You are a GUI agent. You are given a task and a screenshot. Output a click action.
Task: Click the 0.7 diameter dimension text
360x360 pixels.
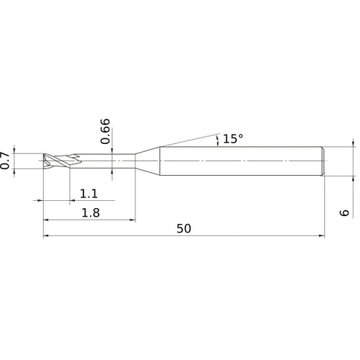click(6, 161)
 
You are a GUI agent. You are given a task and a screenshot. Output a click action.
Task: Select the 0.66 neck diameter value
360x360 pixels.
click(106, 130)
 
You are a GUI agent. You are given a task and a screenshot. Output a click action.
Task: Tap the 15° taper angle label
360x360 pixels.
click(233, 138)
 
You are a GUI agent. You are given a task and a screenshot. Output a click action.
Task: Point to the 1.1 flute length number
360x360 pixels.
click(89, 193)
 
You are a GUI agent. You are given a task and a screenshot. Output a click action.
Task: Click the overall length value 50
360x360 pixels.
click(184, 228)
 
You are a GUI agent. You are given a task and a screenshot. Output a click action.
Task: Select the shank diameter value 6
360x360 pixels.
click(345, 212)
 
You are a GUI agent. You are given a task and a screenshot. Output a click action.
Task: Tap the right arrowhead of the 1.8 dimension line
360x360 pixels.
click(132, 218)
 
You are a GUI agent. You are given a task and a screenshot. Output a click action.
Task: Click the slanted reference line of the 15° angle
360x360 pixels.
click(187, 139)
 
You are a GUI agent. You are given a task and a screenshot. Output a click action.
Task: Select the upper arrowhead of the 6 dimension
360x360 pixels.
click(354, 143)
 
